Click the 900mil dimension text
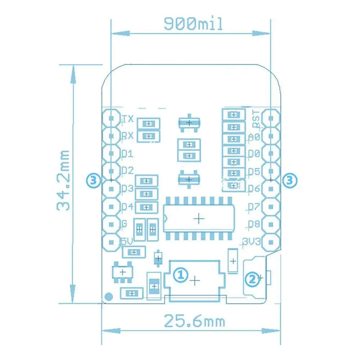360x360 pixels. click(x=193, y=24)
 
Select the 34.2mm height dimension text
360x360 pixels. click(x=64, y=180)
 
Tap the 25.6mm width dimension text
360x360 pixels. click(x=194, y=321)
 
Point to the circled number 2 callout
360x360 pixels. click(x=252, y=278)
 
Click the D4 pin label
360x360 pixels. click(x=128, y=207)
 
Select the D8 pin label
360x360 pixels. click(x=254, y=224)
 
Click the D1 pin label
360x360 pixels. click(x=127, y=154)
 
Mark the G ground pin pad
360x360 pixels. click(x=112, y=224)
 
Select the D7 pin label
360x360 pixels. click(x=254, y=207)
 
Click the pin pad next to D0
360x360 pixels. click(x=271, y=154)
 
